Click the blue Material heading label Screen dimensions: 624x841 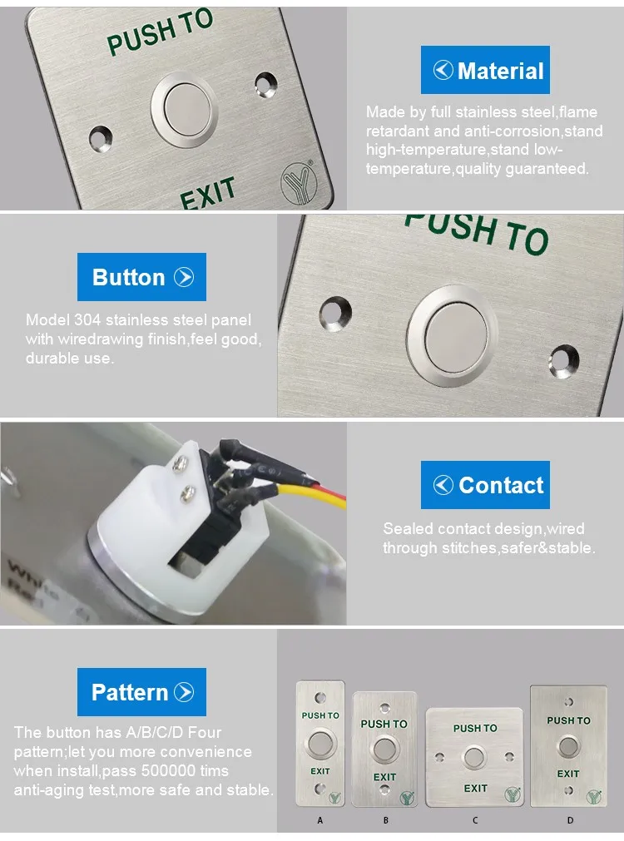click(x=485, y=70)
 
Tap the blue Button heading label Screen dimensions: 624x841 click(x=141, y=277)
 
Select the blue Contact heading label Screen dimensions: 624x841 click(x=485, y=485)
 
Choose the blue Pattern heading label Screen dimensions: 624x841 click(x=141, y=692)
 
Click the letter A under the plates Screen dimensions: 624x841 click(x=320, y=820)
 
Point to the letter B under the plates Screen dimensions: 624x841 click(x=386, y=820)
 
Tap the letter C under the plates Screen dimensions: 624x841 click(x=475, y=820)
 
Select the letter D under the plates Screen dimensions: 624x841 click(x=571, y=820)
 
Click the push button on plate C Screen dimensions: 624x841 click(x=474, y=757)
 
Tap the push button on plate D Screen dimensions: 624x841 click(x=569, y=746)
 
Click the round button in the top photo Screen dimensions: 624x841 click(x=185, y=109)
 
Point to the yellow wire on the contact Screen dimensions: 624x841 click(x=311, y=493)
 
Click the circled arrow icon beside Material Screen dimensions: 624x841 click(x=443, y=70)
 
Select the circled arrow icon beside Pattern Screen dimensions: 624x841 click(x=184, y=692)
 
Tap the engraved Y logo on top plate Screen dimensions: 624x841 click(x=299, y=182)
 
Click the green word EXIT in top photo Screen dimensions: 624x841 click(x=208, y=193)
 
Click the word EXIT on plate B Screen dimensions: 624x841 click(x=384, y=777)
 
